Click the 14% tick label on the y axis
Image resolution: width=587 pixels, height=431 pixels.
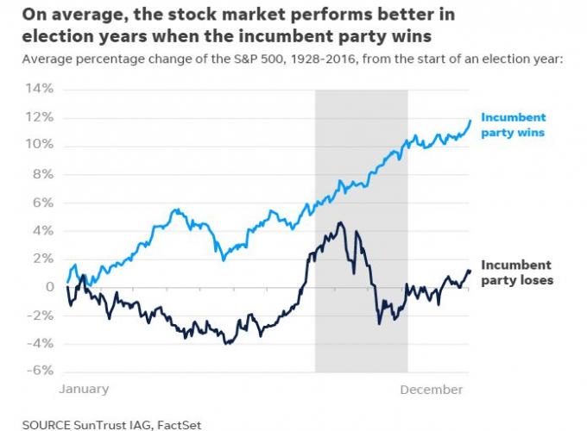coord(40,89)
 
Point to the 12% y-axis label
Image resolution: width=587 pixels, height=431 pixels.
coord(40,117)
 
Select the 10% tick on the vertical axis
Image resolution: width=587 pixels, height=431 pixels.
coord(40,145)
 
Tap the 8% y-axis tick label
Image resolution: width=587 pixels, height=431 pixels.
coord(42,173)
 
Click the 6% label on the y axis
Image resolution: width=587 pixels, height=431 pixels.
coord(42,202)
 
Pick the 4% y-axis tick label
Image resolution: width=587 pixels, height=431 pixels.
coord(42,230)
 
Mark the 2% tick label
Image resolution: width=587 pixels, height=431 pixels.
coord(42,259)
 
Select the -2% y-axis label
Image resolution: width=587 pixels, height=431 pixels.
coord(40,315)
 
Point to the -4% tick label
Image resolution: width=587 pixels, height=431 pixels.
coord(40,343)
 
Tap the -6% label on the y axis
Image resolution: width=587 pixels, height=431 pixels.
coord(40,371)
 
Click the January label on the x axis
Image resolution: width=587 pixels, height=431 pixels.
coord(84,390)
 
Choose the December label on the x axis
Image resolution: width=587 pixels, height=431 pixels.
coord(431,390)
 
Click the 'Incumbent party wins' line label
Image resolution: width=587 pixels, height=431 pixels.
coord(513,125)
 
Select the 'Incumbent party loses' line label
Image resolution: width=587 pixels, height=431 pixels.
coord(515,272)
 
